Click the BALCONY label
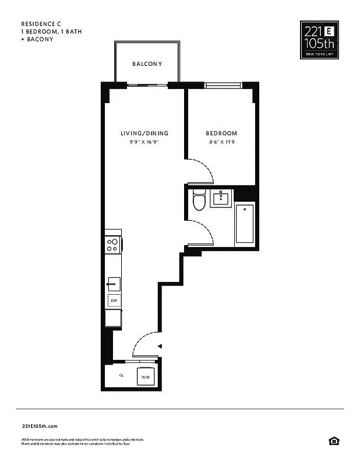click(x=147, y=64)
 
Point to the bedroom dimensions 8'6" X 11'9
click(x=221, y=142)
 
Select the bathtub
click(x=245, y=224)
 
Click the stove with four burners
click(x=113, y=245)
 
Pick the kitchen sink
click(x=114, y=285)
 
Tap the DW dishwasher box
click(x=114, y=301)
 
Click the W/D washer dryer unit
click(x=145, y=377)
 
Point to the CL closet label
click(x=121, y=376)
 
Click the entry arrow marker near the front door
click(x=159, y=347)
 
